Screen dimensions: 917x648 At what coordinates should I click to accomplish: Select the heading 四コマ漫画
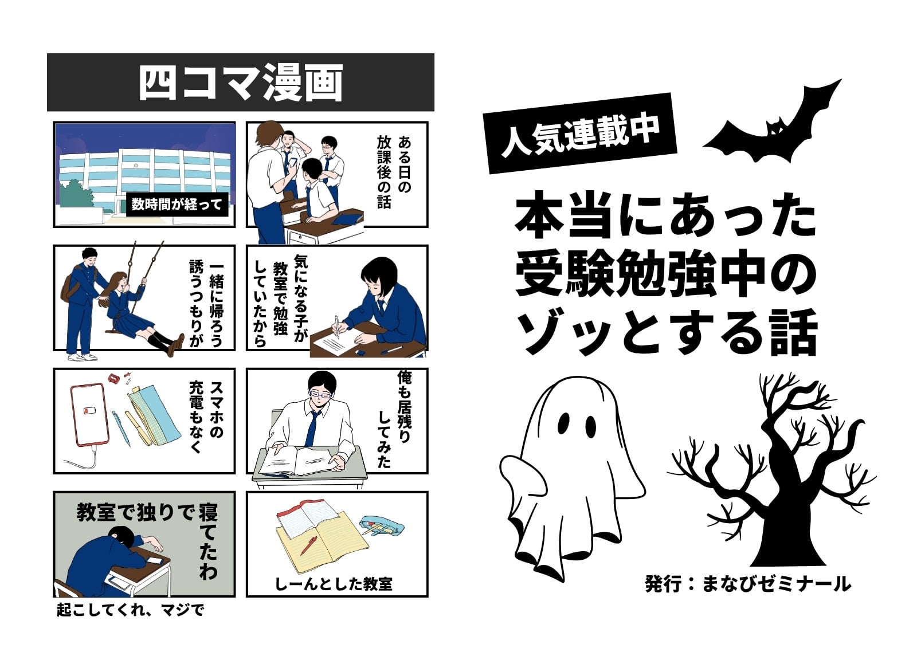point(241,83)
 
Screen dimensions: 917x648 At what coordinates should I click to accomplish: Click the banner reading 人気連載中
point(581,133)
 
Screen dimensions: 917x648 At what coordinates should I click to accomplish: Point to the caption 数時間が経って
point(177,204)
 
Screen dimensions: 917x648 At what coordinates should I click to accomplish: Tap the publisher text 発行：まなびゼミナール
point(749,584)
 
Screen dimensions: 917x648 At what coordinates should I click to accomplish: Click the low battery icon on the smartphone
point(88,411)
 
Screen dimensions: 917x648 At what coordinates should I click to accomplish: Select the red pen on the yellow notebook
point(308,545)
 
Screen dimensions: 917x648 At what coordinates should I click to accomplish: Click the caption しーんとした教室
point(334,584)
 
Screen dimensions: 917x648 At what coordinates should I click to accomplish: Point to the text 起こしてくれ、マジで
point(130,610)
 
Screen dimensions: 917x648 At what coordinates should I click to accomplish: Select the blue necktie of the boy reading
point(312,428)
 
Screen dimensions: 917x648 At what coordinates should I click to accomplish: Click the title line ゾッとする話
point(667,332)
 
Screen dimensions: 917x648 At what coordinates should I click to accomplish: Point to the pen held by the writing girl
point(337,326)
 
